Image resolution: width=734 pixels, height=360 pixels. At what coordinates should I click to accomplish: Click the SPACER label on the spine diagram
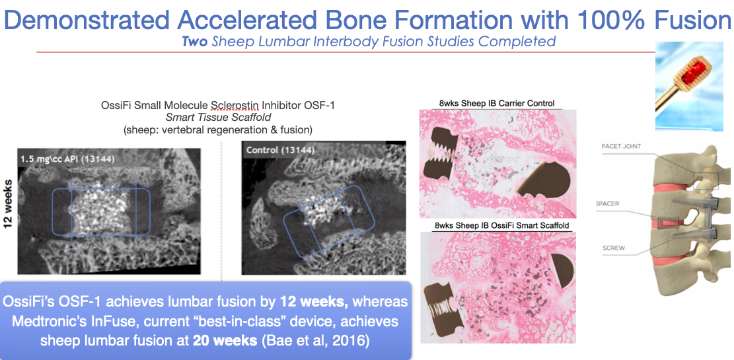pos(608,203)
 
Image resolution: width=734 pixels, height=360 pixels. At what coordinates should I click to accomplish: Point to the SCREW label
pos(614,248)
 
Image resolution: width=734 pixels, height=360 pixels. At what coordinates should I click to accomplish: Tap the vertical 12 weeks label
pos(8,205)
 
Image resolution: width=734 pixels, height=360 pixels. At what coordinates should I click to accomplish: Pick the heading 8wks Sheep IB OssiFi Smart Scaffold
pos(502,226)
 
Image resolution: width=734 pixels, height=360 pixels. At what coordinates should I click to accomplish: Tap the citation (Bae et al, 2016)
pos(315,340)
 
